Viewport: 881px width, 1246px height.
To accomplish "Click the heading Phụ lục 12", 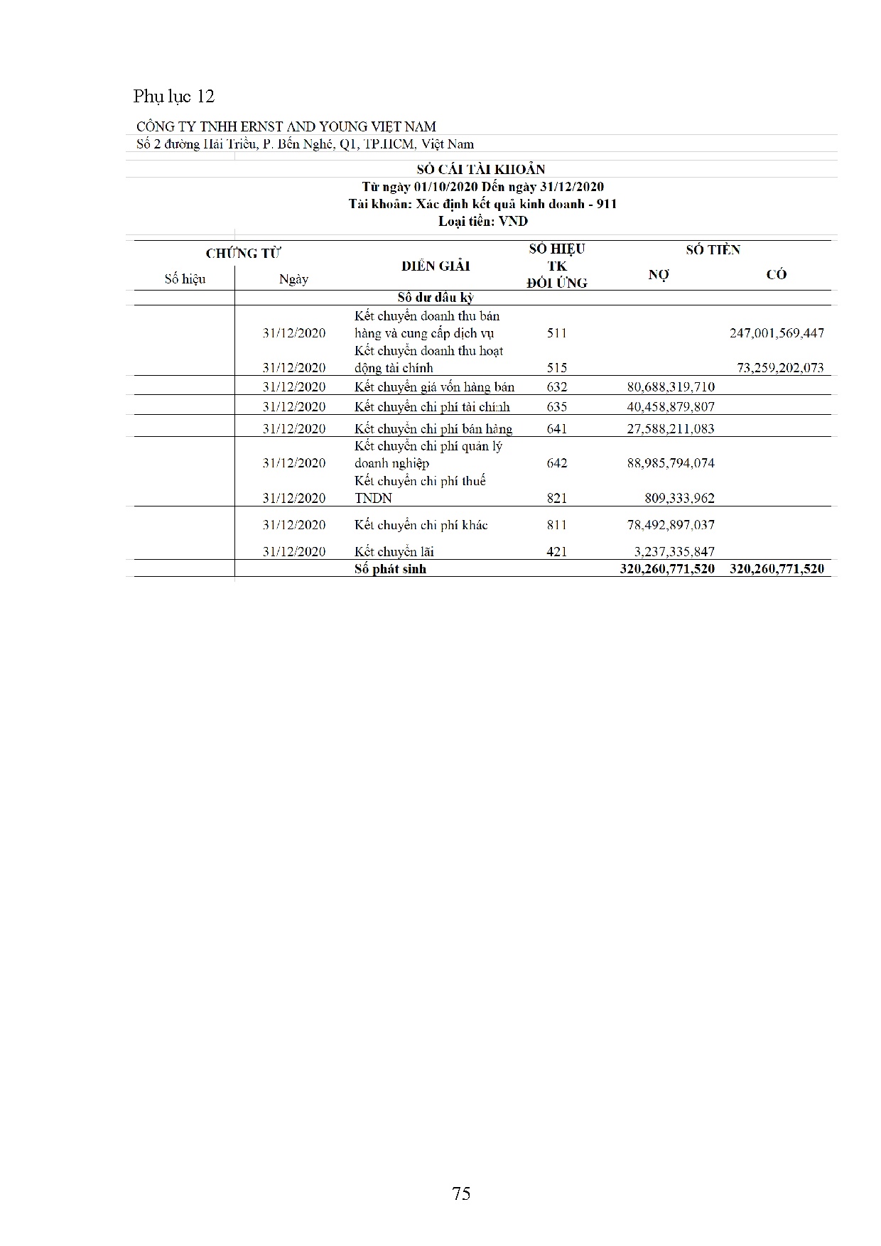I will (x=173, y=97).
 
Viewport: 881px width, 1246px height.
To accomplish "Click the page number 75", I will (x=461, y=1193).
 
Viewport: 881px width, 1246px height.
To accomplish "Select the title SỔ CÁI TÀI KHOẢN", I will (x=481, y=169).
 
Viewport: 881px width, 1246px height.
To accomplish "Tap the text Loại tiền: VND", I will (x=482, y=221).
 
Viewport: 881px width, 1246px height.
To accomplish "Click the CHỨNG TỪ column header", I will (x=243, y=254).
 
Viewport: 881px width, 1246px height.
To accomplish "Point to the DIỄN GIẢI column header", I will (x=436, y=266).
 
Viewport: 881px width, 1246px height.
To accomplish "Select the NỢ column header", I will (x=659, y=275).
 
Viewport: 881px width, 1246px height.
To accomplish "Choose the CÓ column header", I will (x=777, y=275).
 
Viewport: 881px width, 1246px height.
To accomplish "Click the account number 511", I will (x=557, y=333).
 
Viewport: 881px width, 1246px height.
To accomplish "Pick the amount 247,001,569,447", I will (x=777, y=333).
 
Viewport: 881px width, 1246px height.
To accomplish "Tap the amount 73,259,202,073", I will (x=779, y=368).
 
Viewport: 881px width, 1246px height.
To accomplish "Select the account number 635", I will (x=557, y=407).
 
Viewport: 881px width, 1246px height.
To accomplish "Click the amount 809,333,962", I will (x=679, y=498).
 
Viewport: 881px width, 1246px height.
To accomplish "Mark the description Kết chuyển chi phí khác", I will (x=421, y=525).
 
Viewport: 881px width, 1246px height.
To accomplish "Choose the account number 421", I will (x=557, y=551).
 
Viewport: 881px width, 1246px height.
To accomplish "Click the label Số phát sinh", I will (x=390, y=568).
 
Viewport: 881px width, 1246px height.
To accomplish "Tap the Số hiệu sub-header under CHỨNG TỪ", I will (x=185, y=279).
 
